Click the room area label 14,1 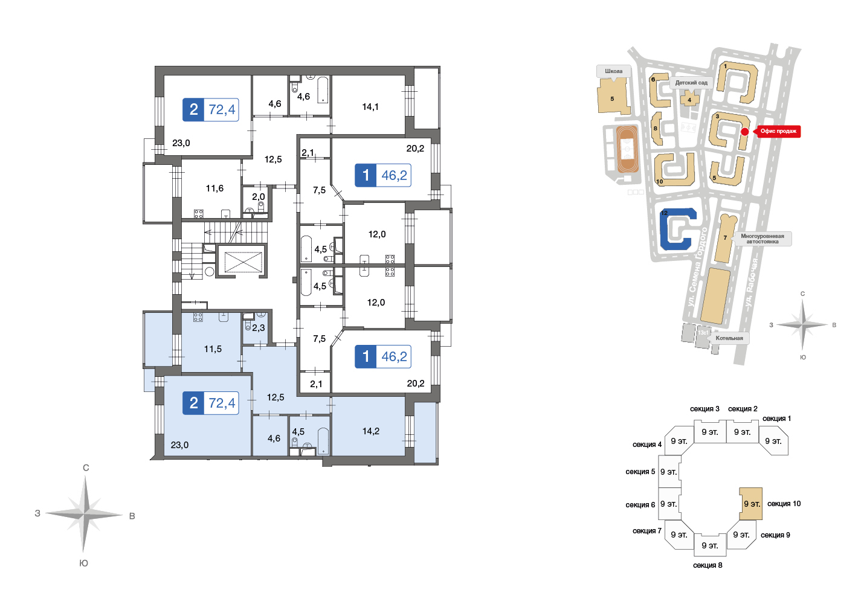370,107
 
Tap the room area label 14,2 370,431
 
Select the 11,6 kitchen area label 214,188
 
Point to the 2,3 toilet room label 259,328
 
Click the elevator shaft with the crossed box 243,262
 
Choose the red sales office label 778,131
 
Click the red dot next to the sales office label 745,132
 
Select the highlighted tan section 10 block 750,504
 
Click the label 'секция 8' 708,565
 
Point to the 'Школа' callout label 614,71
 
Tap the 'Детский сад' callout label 691,83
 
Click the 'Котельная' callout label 729,338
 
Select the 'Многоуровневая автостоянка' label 762,239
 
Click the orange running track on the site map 627,149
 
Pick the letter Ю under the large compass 84,563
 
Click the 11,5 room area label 213,349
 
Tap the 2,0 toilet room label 259,197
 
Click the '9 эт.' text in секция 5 668,472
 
